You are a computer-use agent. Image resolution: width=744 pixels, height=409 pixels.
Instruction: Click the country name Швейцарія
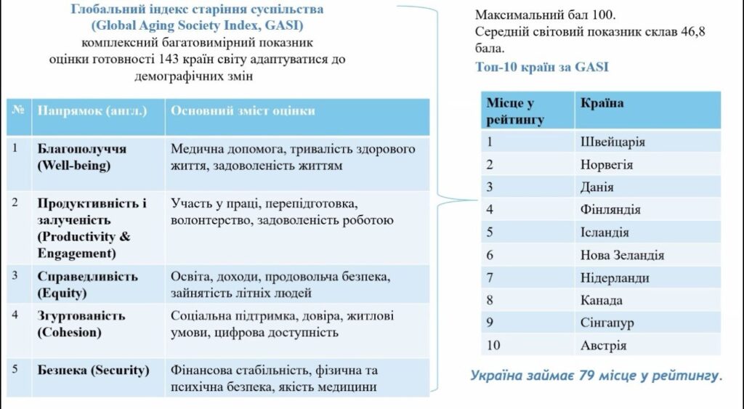click(612, 142)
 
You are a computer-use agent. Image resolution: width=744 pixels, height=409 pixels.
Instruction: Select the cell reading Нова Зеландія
click(622, 255)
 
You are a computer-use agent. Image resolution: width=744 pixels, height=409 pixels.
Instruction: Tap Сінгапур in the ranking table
click(607, 323)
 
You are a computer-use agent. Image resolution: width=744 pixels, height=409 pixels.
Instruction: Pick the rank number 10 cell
click(493, 345)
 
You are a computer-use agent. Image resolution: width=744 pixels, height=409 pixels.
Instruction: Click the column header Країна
click(602, 102)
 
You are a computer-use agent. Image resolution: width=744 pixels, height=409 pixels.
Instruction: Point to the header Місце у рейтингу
click(515, 110)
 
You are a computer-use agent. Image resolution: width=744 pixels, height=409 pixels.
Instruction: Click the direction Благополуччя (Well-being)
click(81, 157)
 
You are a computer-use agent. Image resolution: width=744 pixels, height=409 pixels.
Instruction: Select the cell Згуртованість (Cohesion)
click(81, 324)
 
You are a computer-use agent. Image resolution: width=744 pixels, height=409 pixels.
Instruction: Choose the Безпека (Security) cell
click(93, 370)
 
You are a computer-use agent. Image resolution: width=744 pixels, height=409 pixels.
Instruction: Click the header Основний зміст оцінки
click(243, 110)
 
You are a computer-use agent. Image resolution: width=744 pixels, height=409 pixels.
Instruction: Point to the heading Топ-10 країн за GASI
click(541, 67)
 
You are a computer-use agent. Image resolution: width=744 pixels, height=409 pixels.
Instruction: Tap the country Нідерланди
click(615, 278)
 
